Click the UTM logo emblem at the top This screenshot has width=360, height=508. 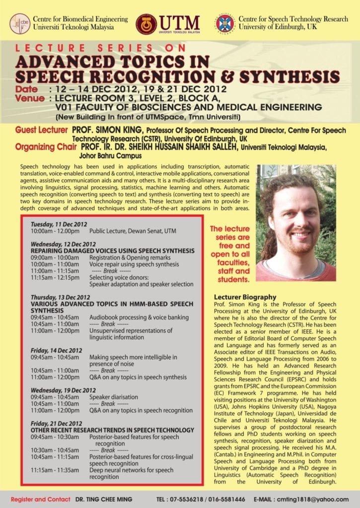[146, 24]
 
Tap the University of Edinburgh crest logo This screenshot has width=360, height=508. [224, 24]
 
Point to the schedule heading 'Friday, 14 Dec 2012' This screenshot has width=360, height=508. [56, 350]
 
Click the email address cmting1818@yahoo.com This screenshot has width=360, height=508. [318, 499]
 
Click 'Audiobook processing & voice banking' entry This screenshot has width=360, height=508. [139, 317]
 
